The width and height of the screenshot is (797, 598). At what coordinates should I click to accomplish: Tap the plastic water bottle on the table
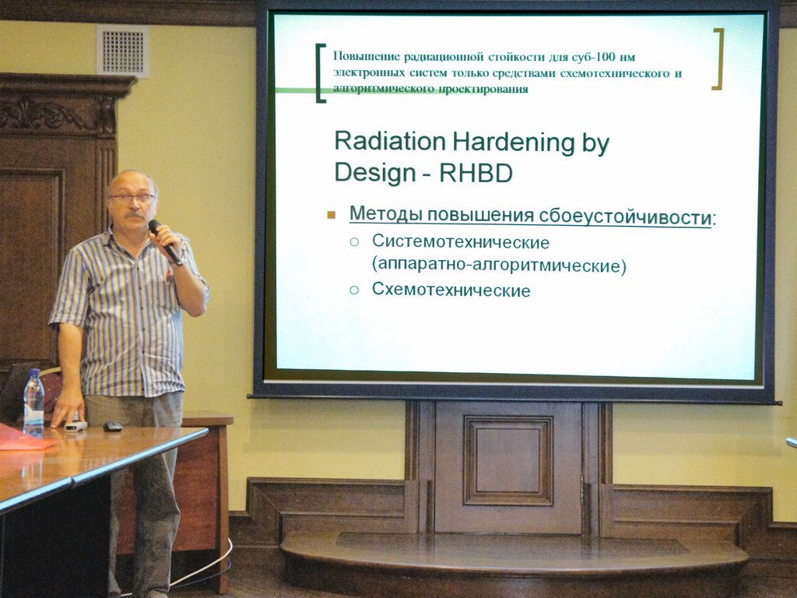point(34,403)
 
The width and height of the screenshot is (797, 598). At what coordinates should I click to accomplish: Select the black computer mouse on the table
point(113,426)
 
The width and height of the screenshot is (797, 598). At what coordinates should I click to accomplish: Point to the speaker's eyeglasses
point(131,198)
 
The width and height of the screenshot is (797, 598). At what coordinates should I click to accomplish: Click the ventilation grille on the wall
point(122,51)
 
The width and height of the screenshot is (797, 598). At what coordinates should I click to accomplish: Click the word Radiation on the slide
point(390,142)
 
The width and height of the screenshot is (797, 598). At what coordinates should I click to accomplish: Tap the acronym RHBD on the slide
point(476,174)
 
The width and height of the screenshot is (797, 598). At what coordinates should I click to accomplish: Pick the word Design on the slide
point(376,174)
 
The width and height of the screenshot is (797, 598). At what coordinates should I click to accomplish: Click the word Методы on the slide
point(385,214)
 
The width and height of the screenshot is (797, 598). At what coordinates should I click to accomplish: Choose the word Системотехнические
point(461,242)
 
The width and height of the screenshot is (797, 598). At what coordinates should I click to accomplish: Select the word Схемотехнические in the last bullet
point(451,290)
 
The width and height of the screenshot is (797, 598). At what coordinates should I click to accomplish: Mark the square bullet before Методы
point(332,215)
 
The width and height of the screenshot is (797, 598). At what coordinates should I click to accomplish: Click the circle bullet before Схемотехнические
point(354,290)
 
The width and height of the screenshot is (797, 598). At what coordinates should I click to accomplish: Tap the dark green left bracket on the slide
point(320,73)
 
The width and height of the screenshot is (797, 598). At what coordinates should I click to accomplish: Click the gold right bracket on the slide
point(718,58)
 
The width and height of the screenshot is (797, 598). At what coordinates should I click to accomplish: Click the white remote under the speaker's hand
point(75,426)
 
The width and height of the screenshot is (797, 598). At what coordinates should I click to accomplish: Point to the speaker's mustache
point(134,214)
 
